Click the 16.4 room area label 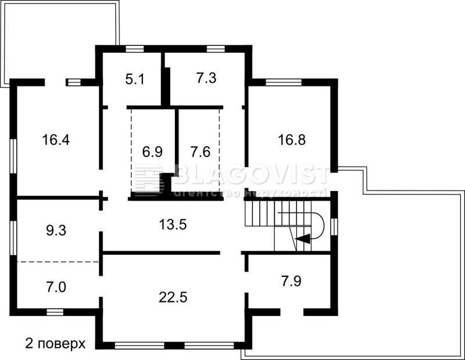click(x=56, y=140)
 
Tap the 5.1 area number click(x=135, y=80)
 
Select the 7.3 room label click(x=206, y=78)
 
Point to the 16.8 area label click(x=292, y=140)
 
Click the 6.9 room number click(x=152, y=152)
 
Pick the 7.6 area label click(x=201, y=152)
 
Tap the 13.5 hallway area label click(x=173, y=224)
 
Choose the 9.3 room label click(x=56, y=230)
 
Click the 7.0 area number click(x=56, y=287)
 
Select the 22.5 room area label click(x=173, y=297)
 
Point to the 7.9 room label click(x=292, y=281)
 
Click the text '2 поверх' click(x=55, y=344)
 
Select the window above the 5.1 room click(x=135, y=49)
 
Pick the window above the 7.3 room click(x=216, y=49)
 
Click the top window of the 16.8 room click(x=284, y=82)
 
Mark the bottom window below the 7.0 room click(x=55, y=312)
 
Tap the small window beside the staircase click(x=334, y=227)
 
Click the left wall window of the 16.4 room click(x=13, y=156)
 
